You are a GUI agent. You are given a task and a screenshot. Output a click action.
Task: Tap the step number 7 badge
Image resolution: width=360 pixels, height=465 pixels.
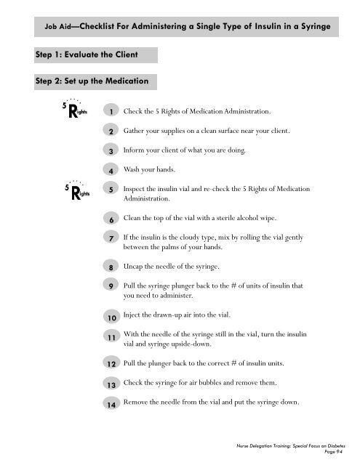[108, 238]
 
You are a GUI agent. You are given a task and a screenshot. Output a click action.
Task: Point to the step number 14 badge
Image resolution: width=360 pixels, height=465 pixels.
[108, 405]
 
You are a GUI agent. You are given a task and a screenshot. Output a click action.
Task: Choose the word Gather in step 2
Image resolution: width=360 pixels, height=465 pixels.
[137, 131]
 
